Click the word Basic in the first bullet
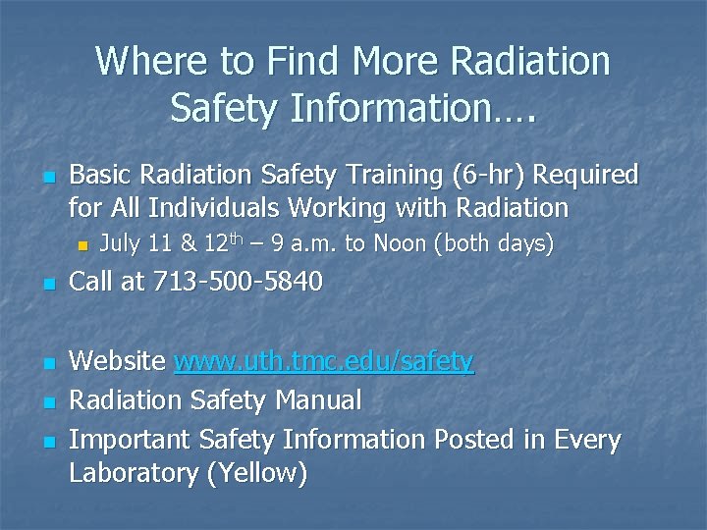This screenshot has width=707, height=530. [101, 176]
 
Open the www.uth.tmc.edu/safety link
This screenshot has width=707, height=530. [324, 362]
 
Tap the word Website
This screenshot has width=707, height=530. [117, 362]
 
